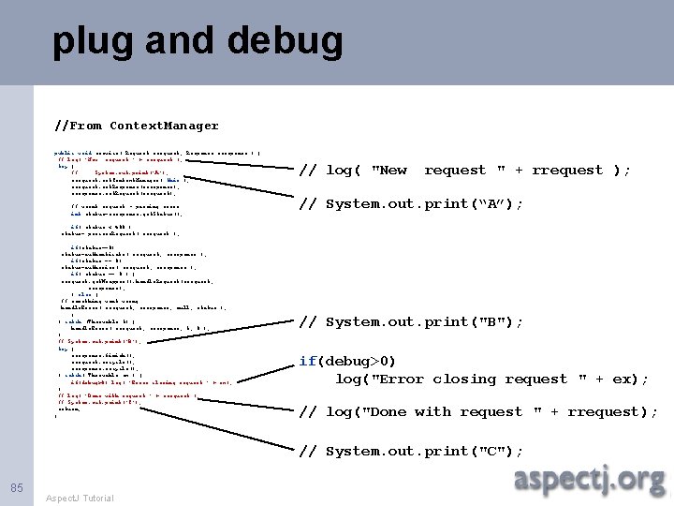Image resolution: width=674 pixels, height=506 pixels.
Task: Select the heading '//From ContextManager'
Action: click(137, 126)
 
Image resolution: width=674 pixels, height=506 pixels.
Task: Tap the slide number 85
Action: click(16, 487)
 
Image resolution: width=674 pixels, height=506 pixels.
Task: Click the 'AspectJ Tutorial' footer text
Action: click(80, 498)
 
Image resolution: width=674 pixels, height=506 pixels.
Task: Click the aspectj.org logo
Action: click(589, 480)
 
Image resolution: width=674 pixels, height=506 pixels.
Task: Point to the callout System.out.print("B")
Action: click(411, 321)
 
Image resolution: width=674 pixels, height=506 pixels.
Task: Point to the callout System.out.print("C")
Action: click(411, 451)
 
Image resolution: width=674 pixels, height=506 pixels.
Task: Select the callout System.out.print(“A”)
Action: click(411, 204)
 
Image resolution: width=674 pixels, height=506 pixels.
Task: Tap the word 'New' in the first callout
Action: click(389, 170)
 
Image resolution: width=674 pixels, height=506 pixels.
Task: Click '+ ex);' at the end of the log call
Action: click(625, 379)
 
